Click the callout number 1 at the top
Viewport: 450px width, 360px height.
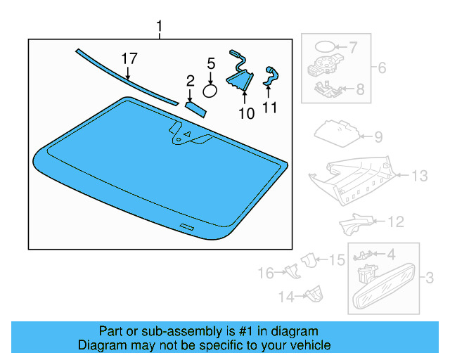[159, 27]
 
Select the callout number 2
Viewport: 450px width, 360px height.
[190, 82]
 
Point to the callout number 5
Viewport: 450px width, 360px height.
[210, 64]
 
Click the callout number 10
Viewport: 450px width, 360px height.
[247, 113]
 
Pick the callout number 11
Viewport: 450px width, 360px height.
[270, 108]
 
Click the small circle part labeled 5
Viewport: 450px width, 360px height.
[210, 90]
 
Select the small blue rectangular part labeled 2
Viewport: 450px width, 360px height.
[195, 106]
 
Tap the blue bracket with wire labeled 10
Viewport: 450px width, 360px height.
[240, 75]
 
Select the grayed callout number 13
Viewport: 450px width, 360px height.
[419, 176]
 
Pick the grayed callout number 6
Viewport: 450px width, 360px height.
[382, 68]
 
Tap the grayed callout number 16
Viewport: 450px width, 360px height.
[264, 273]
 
